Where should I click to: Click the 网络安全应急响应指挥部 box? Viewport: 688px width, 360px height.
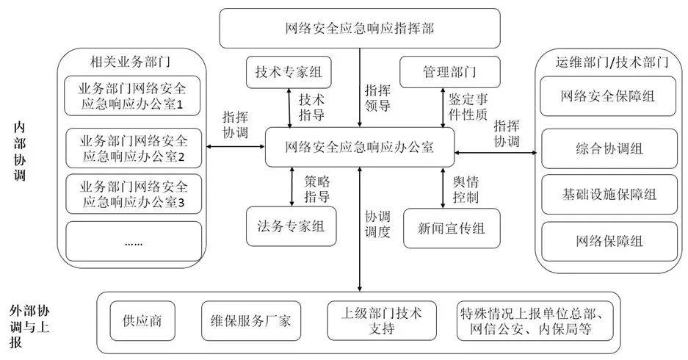pos(360,29)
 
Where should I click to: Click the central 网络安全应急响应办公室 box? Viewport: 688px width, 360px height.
pos(360,146)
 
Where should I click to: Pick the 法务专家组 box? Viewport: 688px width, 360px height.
pos(292,228)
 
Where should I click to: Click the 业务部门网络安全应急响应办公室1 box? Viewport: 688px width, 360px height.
pos(133,96)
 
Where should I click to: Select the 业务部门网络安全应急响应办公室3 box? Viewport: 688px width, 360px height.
pos(133,193)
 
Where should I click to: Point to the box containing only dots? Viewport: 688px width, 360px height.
pos(133,241)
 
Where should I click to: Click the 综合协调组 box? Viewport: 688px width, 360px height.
pos(607,148)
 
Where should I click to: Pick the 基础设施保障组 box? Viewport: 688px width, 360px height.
pos(607,195)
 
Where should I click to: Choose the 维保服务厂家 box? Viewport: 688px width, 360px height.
pos(247,321)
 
